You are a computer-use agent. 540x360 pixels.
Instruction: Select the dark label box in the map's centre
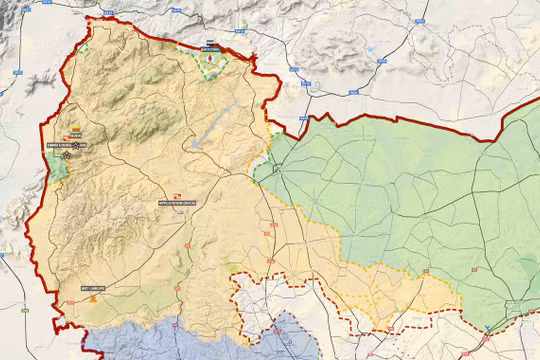tap(175, 203)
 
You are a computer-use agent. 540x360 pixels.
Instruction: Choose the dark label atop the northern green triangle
tap(209, 47)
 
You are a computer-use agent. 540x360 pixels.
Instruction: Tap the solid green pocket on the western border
tap(58, 166)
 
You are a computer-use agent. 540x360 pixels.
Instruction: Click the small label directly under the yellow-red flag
tap(76, 137)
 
